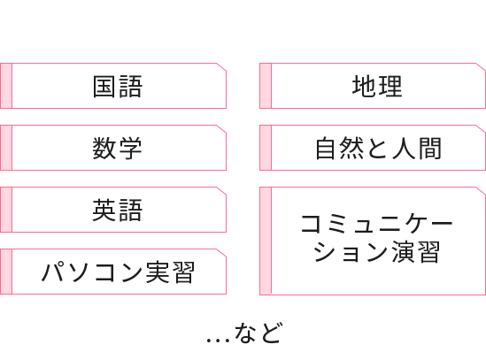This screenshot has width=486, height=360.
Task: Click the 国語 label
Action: [x=118, y=87]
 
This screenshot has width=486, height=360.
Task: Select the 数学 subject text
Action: [x=118, y=148]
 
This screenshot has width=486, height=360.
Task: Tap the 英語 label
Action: [x=118, y=210]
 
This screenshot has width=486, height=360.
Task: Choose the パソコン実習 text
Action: [x=118, y=272]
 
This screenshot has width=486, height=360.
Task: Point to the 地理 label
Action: [x=377, y=86]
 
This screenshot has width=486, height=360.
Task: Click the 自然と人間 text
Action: [x=378, y=149]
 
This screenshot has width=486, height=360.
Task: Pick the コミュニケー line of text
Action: [x=376, y=224]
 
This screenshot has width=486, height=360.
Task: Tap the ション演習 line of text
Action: [x=376, y=251]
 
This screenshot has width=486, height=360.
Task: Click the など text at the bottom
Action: [x=258, y=333]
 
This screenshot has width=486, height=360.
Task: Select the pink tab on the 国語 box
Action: [x=6, y=86]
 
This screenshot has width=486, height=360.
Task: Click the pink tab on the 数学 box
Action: [x=6, y=148]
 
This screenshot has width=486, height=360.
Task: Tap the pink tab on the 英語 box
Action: [x=6, y=210]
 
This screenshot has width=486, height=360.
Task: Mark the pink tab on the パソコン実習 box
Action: [x=6, y=272]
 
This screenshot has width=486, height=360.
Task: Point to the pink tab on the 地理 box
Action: [x=266, y=86]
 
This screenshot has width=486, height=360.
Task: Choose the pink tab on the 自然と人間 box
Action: [x=266, y=148]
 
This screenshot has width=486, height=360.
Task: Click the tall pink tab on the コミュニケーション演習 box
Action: [x=266, y=241]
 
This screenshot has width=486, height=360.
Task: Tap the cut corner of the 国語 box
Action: [x=221, y=67]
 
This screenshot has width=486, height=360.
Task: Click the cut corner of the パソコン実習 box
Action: [x=221, y=253]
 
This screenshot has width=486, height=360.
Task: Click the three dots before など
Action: [x=218, y=341]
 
